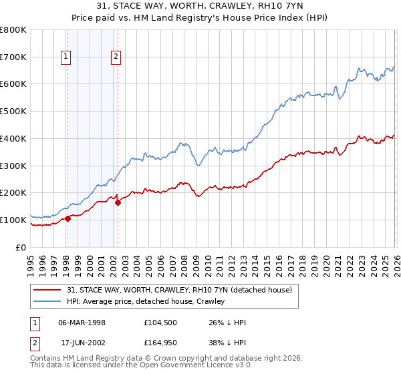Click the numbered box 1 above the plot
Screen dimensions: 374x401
67,57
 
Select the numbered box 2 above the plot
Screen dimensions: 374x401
116,57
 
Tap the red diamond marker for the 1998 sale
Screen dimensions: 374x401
68,218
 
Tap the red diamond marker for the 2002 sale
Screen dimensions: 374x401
118,202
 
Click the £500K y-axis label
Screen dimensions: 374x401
13,112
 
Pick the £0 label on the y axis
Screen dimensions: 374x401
22,247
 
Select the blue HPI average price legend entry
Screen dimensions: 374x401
147,301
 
